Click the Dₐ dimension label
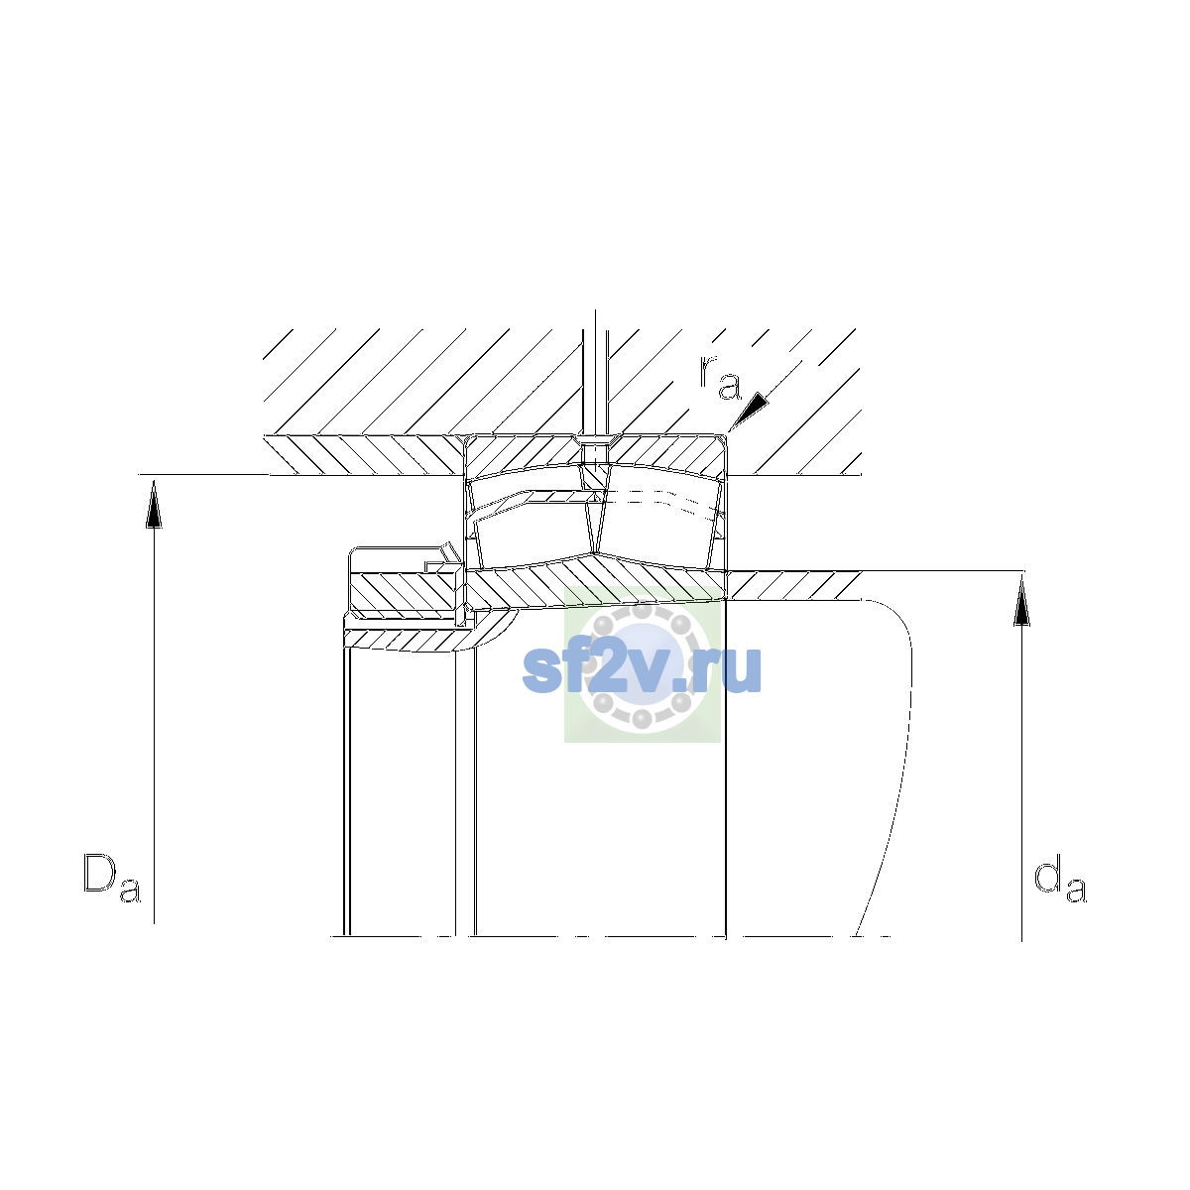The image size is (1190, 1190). [112, 878]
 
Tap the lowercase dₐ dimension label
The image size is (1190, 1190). [1060, 878]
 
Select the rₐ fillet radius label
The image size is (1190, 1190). [719, 377]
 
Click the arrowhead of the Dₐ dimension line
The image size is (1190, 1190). [154, 504]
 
